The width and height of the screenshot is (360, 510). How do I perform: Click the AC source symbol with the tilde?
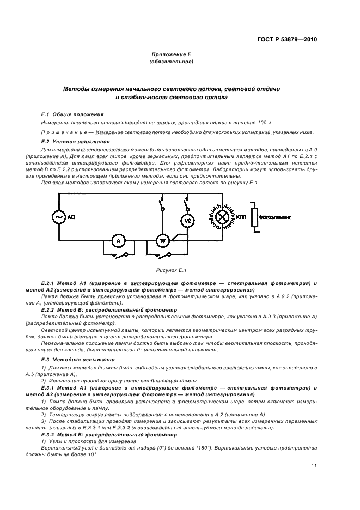pyautogui.click(x=58, y=217)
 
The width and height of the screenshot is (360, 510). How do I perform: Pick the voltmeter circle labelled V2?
pyautogui.click(x=186, y=221)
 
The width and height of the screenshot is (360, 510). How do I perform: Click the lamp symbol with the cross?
pyautogui.click(x=223, y=217)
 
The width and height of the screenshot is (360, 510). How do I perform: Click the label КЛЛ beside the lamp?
pyautogui.click(x=241, y=217)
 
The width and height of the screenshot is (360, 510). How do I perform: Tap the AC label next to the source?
pyautogui.click(x=71, y=217)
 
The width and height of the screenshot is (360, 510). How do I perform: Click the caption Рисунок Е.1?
pyautogui.click(x=173, y=270)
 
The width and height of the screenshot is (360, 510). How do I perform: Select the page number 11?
pyautogui.click(x=314, y=466)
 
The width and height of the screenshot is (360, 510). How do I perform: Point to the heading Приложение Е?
pyautogui.click(x=172, y=55)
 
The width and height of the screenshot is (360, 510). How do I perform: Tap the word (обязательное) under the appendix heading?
pyautogui.click(x=172, y=62)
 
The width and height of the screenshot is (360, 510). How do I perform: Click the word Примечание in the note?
pyautogui.click(x=62, y=133)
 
